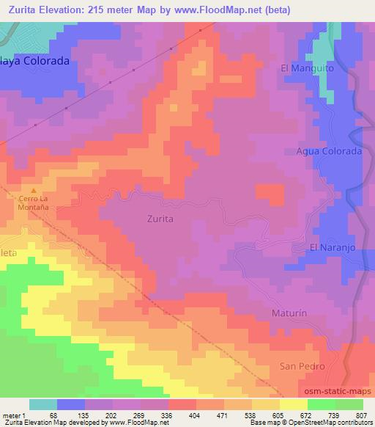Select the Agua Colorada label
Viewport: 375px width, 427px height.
[x=329, y=151]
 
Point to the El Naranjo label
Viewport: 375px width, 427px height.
[x=333, y=248]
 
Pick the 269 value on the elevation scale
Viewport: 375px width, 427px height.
[x=138, y=415]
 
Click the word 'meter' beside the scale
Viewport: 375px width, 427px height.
[x=10, y=415]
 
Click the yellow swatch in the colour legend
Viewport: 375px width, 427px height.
[x=292, y=404]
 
